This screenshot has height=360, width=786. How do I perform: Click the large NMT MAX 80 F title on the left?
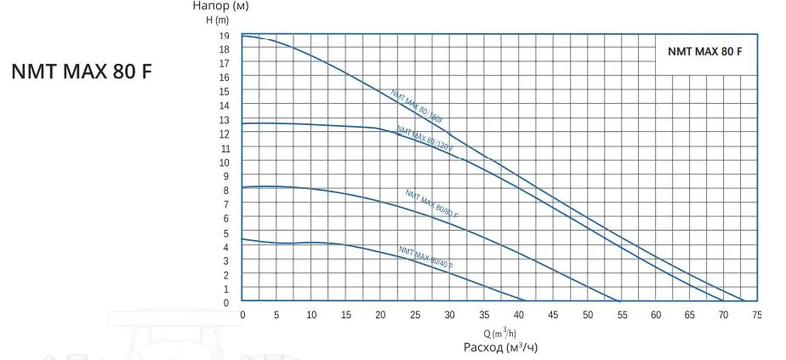click(x=82, y=71)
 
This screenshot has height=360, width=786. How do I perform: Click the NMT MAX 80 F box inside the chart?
click(x=705, y=52)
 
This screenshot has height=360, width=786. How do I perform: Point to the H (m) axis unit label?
click(x=219, y=20)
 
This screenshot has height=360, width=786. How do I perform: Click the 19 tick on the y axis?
click(x=225, y=35)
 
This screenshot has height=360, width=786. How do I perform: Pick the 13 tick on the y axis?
click(x=225, y=119)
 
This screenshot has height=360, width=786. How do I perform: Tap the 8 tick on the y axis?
click(x=226, y=190)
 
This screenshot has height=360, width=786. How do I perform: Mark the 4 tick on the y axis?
click(x=226, y=247)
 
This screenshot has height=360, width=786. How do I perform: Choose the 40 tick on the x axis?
click(x=518, y=315)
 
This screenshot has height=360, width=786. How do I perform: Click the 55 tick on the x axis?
click(x=622, y=315)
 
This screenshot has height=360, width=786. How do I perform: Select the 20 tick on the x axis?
click(x=380, y=315)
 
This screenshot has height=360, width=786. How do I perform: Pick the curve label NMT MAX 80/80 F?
click(x=432, y=204)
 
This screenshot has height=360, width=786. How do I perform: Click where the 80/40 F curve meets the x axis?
click(x=525, y=302)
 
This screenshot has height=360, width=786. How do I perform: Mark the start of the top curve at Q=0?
click(x=242, y=36)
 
